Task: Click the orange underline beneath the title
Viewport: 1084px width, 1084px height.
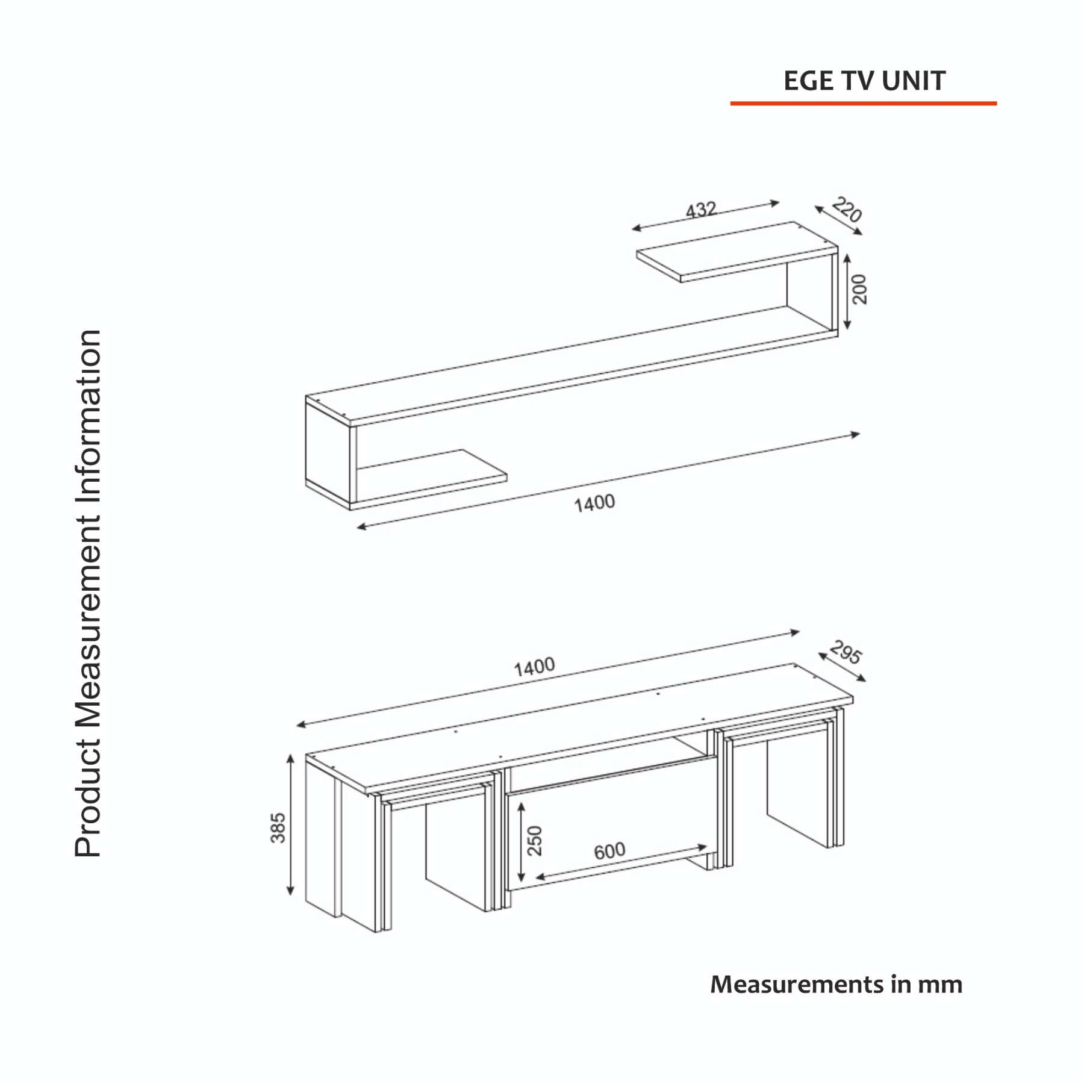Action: point(863,104)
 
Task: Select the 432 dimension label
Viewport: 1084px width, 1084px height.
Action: point(702,210)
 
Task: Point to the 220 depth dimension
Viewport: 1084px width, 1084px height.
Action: point(847,210)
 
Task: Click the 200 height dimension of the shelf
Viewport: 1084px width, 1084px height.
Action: point(859,290)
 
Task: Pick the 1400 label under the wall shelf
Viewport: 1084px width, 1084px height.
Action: point(594,503)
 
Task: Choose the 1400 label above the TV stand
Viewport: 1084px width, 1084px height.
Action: point(534,667)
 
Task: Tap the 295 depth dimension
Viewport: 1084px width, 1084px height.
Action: point(846,652)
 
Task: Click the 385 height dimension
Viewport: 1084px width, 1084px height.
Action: point(278,827)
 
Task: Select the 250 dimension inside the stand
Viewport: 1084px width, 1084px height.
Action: point(535,841)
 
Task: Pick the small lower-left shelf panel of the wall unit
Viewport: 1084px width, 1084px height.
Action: point(431,476)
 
